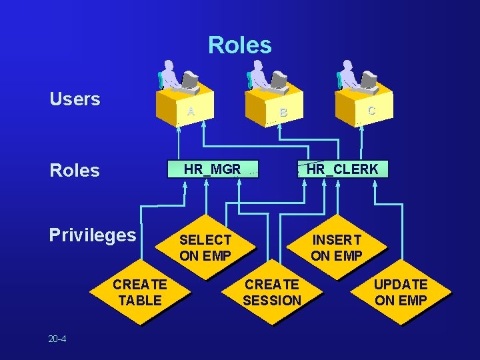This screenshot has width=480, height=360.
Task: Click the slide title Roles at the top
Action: click(x=239, y=45)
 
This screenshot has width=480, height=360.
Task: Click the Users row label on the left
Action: click(x=75, y=100)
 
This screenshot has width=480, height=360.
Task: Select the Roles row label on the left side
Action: click(x=74, y=171)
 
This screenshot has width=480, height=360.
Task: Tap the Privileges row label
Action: click(x=92, y=235)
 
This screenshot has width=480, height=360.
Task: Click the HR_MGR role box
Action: click(x=212, y=169)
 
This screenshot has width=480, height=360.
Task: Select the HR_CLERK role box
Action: click(x=342, y=169)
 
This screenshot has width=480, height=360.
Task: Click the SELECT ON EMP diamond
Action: click(x=205, y=247)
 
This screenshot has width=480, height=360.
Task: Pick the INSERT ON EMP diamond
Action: click(x=336, y=247)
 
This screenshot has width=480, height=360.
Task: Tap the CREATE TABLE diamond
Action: click(x=139, y=293)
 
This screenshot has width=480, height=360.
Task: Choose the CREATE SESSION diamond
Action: click(x=271, y=293)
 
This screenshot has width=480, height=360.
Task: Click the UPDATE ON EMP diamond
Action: click(x=401, y=293)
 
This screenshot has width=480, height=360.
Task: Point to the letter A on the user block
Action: click(x=191, y=111)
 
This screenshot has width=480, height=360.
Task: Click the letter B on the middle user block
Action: click(x=283, y=113)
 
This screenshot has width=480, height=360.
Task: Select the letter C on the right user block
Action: click(x=371, y=111)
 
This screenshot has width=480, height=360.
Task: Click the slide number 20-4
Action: click(x=57, y=339)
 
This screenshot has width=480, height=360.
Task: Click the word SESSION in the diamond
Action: click(x=271, y=301)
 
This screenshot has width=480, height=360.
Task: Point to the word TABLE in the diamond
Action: click(x=139, y=301)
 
